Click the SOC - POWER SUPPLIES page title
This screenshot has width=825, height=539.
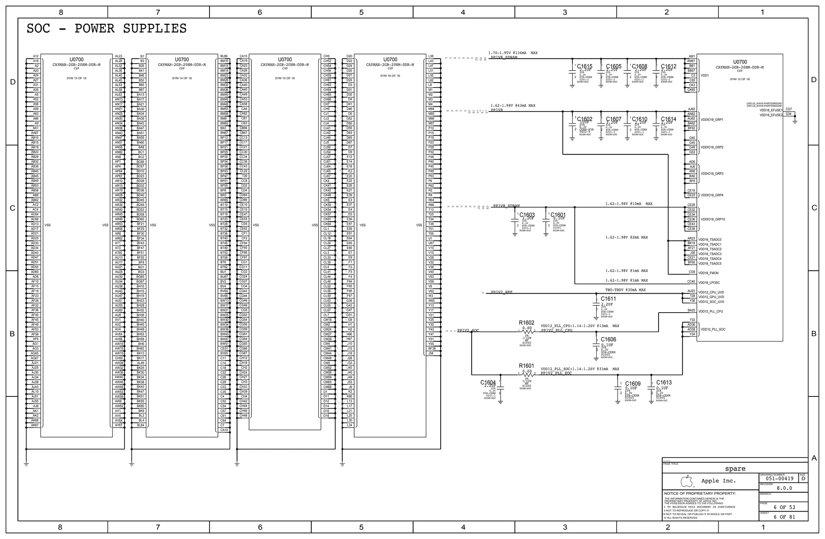(x=106, y=29)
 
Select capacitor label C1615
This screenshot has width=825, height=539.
(x=585, y=66)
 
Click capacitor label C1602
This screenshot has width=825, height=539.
(x=585, y=119)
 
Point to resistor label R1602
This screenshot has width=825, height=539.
(x=527, y=323)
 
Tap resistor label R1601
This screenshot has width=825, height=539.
(x=527, y=366)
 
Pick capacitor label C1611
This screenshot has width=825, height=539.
(x=608, y=299)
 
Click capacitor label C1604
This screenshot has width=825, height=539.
(x=488, y=382)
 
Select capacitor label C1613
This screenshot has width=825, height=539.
(x=664, y=382)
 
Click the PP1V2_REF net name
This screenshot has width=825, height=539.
(x=502, y=292)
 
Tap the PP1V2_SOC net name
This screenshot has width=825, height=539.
(x=468, y=331)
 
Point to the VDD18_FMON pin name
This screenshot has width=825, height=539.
(x=708, y=273)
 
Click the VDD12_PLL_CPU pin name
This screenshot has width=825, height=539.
(x=711, y=311)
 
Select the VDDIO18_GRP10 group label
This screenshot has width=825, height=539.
(x=713, y=220)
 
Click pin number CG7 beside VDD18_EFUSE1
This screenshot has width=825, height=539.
(x=788, y=109)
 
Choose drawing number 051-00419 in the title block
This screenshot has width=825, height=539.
(x=779, y=479)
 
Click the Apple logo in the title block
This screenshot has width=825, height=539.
(x=686, y=481)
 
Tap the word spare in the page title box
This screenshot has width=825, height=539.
(x=735, y=469)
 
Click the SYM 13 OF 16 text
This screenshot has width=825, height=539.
(x=76, y=78)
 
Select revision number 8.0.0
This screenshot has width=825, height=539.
(x=784, y=488)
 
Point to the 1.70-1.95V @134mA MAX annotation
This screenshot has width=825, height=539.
(x=513, y=53)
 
